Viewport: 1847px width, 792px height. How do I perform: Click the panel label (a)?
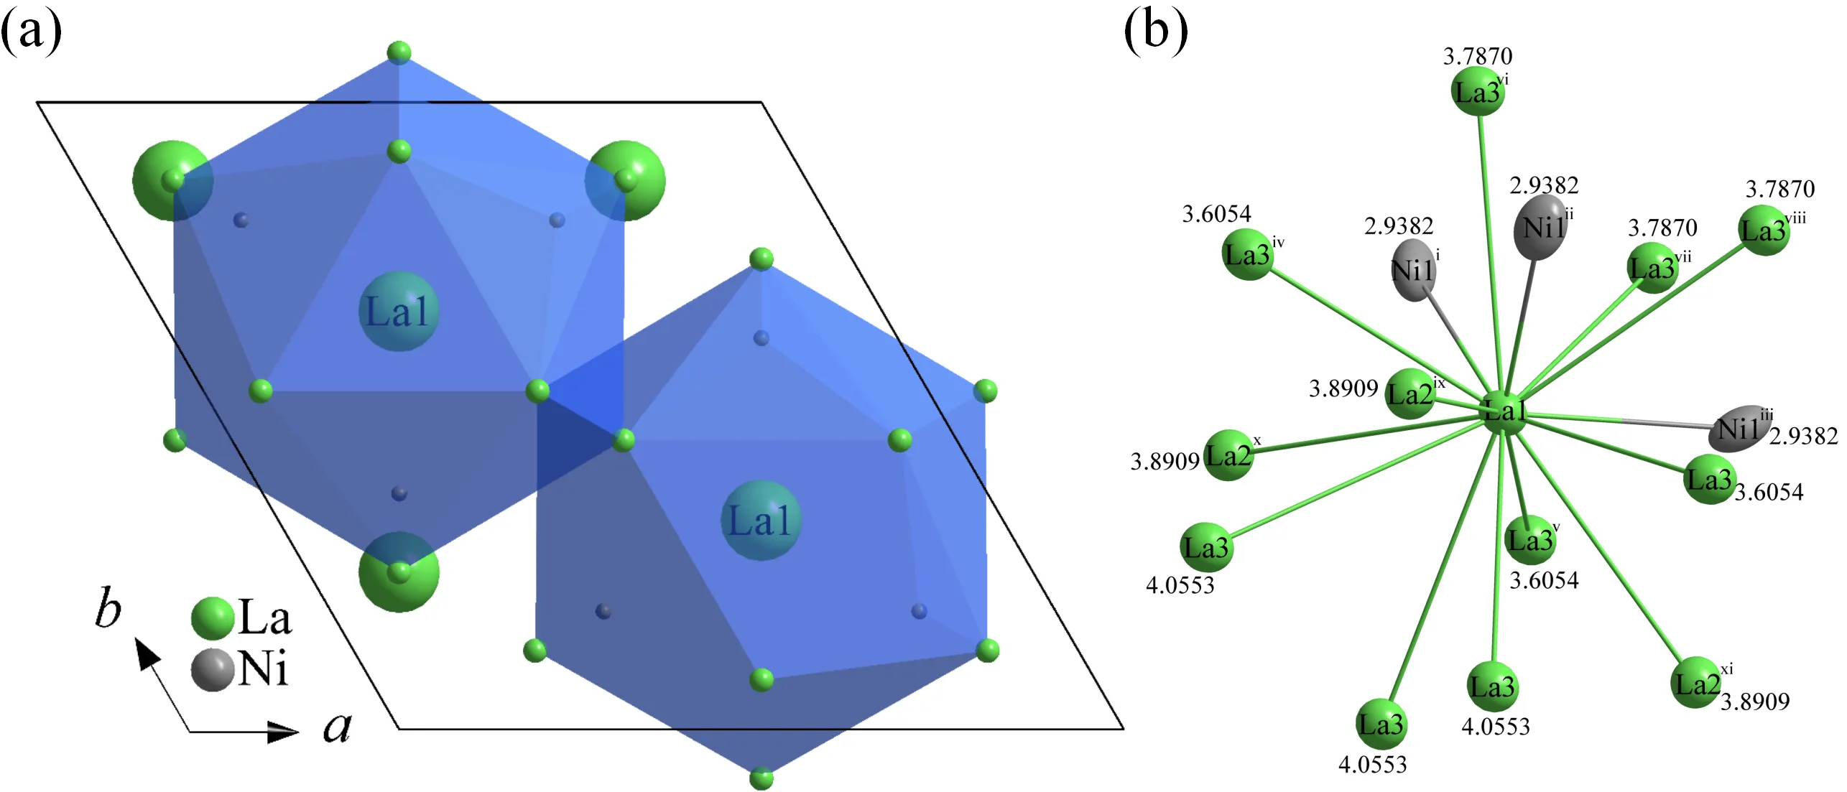tap(30, 32)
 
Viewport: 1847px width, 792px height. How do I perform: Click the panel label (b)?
tap(1155, 32)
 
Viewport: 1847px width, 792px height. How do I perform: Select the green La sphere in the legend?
tap(213, 618)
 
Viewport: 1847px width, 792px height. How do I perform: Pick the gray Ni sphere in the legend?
tap(213, 670)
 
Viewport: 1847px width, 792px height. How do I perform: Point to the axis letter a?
tap(337, 727)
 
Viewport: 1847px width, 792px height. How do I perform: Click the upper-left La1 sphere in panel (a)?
tap(398, 312)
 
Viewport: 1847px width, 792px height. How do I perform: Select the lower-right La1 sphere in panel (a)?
tap(760, 521)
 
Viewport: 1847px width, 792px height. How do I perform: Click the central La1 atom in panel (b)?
tap(1504, 412)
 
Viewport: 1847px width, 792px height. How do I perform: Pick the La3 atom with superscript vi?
tap(1477, 92)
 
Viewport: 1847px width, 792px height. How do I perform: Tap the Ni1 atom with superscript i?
tap(1413, 271)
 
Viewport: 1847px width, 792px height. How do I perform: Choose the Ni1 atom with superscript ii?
tap(1539, 227)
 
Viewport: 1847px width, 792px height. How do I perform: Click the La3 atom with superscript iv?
tap(1247, 254)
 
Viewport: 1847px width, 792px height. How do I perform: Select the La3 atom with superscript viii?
tap(1764, 230)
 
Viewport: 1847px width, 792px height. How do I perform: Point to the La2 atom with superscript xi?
tap(1697, 683)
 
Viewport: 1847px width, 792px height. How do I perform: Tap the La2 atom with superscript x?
tap(1228, 455)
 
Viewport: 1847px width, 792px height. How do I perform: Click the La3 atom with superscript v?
tap(1529, 539)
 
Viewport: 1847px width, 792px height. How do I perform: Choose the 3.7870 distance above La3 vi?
tap(1478, 56)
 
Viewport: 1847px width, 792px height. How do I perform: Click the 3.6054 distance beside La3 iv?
tap(1216, 214)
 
